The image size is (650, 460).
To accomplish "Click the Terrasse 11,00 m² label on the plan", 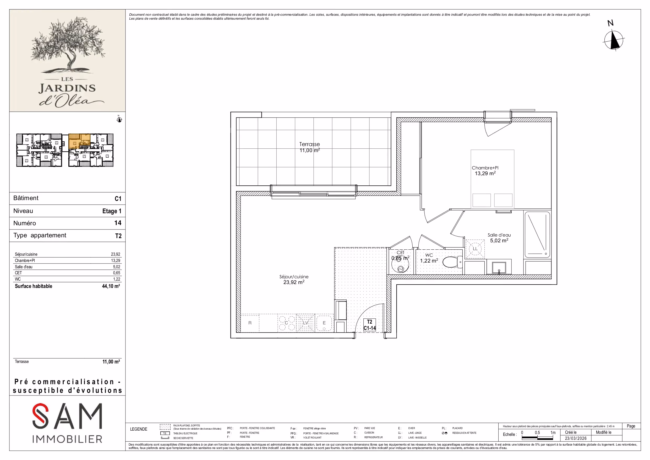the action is coord(310,147).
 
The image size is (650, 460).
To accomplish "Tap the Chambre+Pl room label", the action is coord(485,168).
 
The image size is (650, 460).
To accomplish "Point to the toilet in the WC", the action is coord(452,262).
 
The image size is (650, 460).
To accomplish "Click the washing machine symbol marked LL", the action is coord(475,249).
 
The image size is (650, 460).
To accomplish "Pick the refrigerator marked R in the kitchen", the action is coord(250,323).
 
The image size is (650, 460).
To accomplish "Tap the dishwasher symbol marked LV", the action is coord(305,323).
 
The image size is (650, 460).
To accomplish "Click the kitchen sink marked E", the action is coord(324,323).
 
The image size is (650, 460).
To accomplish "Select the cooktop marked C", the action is coord(287,323).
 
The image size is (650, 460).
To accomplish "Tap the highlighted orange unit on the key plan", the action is coord(80,141).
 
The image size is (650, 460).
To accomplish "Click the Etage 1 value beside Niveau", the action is coord(112,211).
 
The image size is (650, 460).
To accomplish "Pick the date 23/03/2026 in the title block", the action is coord(576,438).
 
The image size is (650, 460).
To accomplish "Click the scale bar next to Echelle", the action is coord(537,438).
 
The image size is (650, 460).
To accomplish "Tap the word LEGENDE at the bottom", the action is coord(139,429).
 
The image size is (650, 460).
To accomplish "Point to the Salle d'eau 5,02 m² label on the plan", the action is coord(499,238).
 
